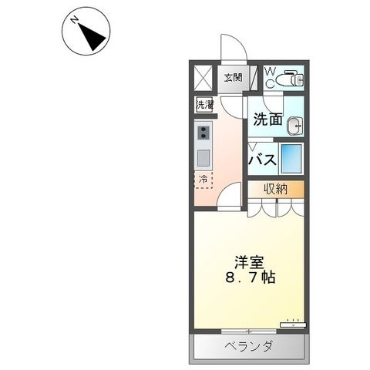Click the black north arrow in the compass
(x=93, y=37)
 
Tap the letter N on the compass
(x=75, y=19)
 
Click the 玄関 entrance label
(x=234, y=78)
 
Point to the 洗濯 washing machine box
(x=204, y=105)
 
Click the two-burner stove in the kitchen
(x=203, y=133)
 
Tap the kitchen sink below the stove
(x=203, y=158)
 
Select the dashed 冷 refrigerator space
(x=203, y=180)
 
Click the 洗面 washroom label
(x=267, y=119)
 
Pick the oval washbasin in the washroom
(x=295, y=126)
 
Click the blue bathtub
(x=291, y=159)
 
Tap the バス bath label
(x=263, y=160)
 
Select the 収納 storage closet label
(x=276, y=190)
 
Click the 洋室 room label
(x=249, y=262)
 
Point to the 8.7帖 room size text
(x=251, y=277)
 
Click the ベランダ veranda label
(x=248, y=346)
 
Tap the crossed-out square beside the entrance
(x=203, y=78)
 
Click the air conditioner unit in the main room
(x=293, y=325)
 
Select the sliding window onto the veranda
(x=249, y=331)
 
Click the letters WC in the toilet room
(x=270, y=77)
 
